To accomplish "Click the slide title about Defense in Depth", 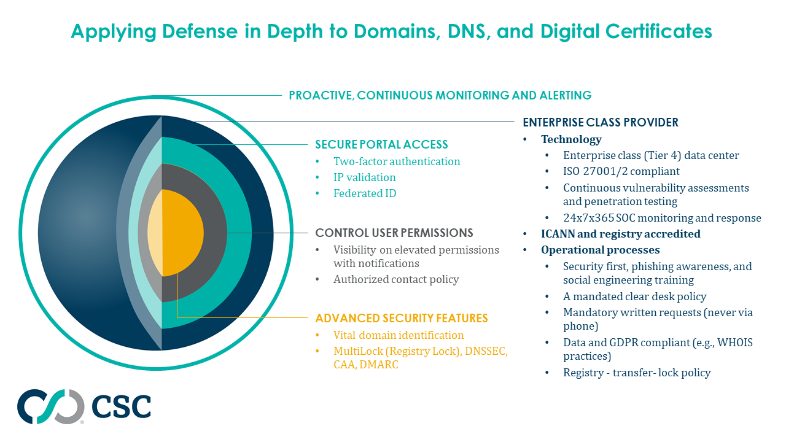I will click(391, 31).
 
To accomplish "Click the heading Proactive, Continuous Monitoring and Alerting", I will click(440, 95).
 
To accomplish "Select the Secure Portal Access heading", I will click(381, 145).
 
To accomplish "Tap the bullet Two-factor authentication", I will click(397, 161).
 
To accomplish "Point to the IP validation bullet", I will click(364, 177).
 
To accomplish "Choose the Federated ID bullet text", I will click(365, 193).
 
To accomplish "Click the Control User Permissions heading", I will click(394, 233).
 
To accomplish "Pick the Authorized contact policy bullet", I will click(396, 279).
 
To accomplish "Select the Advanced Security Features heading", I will click(401, 318).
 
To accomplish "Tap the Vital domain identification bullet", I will click(399, 335).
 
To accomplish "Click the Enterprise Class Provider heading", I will click(600, 122).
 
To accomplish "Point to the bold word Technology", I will click(571, 139).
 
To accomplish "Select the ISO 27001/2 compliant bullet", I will click(621, 171).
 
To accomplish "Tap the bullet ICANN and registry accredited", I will click(620, 234).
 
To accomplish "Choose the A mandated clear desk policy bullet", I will click(634, 297).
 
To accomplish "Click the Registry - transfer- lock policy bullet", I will click(636, 373).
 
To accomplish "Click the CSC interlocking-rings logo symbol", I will click(50, 406).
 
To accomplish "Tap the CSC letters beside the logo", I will click(121, 406).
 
